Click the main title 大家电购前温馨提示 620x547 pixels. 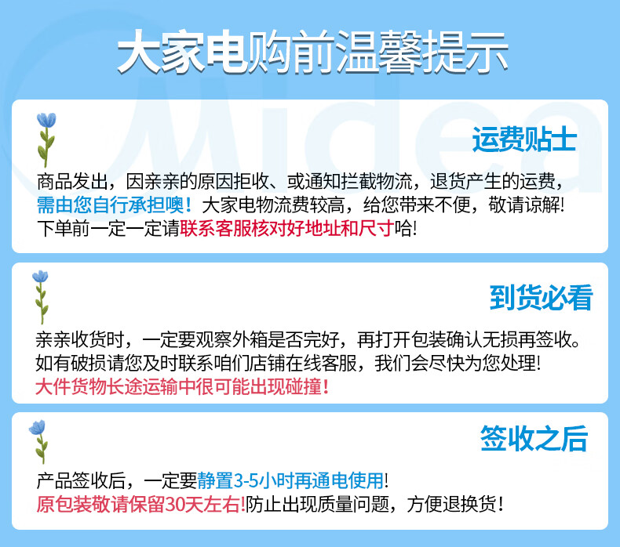312,53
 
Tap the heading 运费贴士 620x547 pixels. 524,139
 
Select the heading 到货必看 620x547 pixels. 541,297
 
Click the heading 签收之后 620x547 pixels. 534,438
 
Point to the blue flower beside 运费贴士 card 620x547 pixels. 46,139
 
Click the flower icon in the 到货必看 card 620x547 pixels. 41,297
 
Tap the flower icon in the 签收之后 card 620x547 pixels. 38,441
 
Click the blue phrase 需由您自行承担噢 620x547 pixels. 114,205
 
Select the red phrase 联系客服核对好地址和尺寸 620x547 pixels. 286,228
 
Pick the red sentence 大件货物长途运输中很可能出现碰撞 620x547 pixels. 182,386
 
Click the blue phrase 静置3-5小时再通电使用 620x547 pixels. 290,480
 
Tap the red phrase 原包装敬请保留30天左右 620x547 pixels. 141,505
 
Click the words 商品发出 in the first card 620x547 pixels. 72,182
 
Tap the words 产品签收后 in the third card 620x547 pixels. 82,480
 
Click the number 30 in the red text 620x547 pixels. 175,505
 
